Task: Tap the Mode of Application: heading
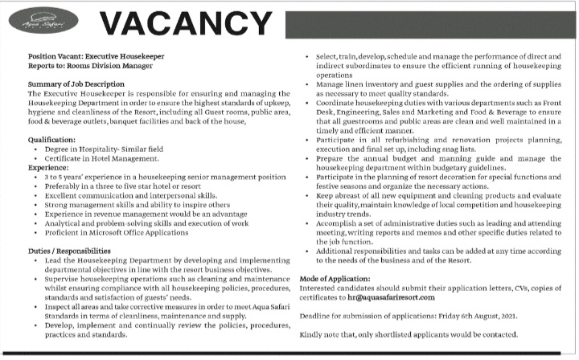(x=338, y=277)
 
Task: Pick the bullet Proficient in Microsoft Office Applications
(x=117, y=232)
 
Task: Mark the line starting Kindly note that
(x=409, y=334)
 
